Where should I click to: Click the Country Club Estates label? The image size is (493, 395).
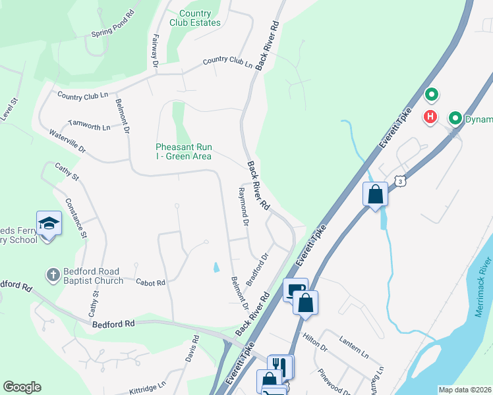coord(195,18)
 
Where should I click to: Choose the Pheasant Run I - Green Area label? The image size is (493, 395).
coord(183,151)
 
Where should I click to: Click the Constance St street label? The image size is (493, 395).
coord(76,217)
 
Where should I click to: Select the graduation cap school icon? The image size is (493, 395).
coord(49,224)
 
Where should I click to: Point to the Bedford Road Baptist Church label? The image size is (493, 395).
coord(93,276)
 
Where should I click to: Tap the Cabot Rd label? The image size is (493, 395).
coord(150,282)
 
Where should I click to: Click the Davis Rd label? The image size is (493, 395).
coord(195,350)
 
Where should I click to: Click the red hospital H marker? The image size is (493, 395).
coord(430,117)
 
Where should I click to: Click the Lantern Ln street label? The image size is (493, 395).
coord(354,345)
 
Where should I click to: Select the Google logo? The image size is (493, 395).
coord(22,387)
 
